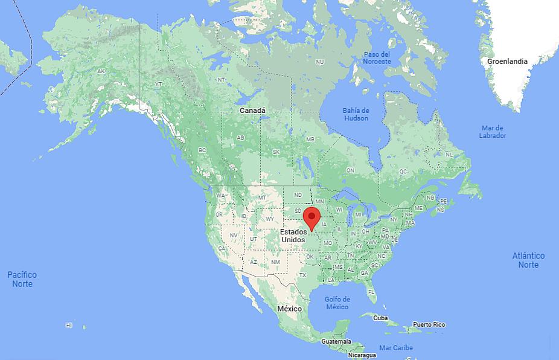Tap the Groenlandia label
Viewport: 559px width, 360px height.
tap(507, 61)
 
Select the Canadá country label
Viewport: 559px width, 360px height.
tap(252, 111)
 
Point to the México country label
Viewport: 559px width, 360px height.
tap(289, 309)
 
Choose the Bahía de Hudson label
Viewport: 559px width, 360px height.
tap(356, 114)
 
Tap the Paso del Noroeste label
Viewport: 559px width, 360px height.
tap(377, 58)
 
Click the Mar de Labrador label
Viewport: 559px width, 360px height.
tap(493, 132)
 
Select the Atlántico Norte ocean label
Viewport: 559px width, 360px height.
tap(528, 260)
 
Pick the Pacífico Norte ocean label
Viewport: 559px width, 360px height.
tap(22, 279)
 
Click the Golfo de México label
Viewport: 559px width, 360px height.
tap(337, 303)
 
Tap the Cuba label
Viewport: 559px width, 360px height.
tap(380, 318)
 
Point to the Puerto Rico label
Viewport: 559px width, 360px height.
tap(429, 325)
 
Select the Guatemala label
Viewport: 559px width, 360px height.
tap(336, 342)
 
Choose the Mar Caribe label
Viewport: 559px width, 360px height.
tap(396, 348)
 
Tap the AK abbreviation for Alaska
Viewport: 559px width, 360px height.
tap(101, 71)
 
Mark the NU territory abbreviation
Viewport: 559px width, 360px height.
tap(320, 62)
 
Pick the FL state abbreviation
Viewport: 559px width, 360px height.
tap(372, 292)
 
